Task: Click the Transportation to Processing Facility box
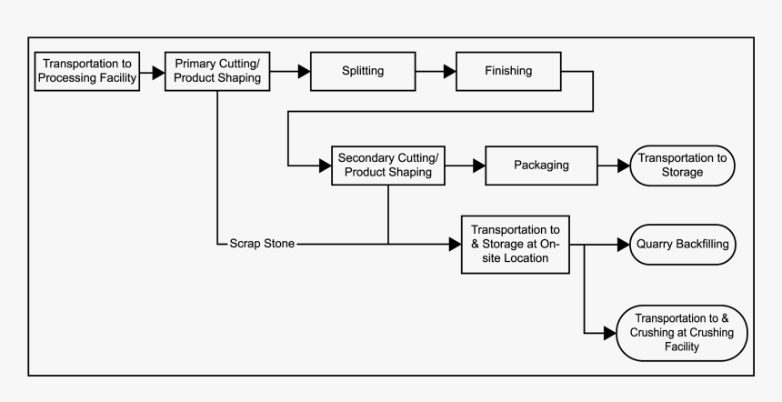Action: click(87, 70)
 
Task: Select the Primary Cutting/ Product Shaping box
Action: click(217, 70)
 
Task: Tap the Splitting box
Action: click(361, 70)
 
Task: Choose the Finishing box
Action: click(507, 70)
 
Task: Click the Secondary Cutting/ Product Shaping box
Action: click(388, 165)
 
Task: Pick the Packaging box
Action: click(540, 165)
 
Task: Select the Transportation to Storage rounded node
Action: click(682, 165)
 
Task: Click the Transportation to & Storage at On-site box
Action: click(516, 245)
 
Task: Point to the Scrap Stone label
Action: click(262, 245)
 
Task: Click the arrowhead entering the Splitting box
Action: click(304, 70)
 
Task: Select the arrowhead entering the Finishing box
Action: click(449, 70)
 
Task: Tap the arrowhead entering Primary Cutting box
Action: click(158, 70)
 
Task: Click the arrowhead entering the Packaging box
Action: click(479, 165)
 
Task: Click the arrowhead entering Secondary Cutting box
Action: click(325, 165)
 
